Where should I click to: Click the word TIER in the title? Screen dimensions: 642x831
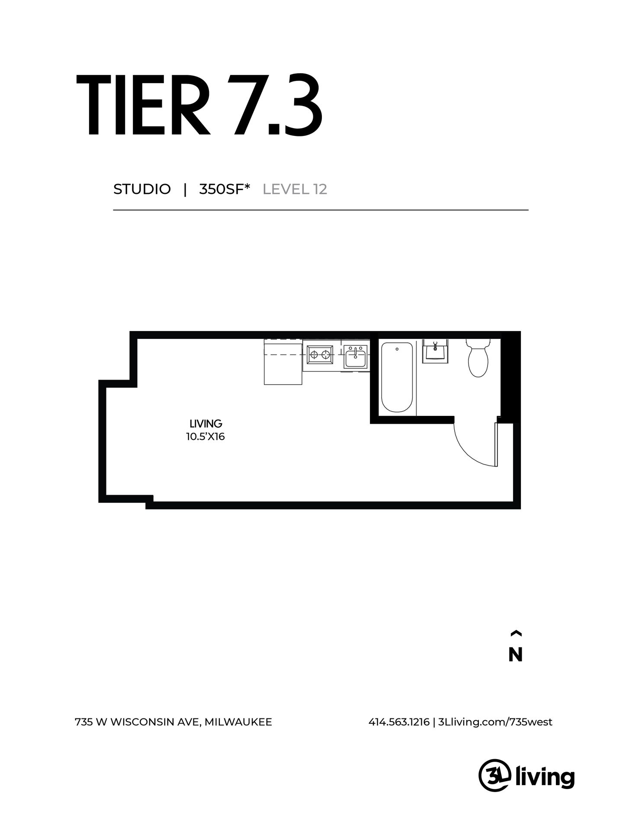click(143, 105)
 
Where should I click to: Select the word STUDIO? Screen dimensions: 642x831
click(142, 190)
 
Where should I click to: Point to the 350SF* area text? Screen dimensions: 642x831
click(225, 190)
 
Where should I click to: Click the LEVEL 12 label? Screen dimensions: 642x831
click(295, 190)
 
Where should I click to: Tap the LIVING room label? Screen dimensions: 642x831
click(206, 423)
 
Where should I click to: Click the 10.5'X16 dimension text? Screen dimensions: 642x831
click(205, 436)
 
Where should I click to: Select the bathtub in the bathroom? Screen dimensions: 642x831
click(397, 377)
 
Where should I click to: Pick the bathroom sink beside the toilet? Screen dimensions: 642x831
click(435, 351)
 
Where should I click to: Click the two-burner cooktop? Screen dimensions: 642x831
click(320, 355)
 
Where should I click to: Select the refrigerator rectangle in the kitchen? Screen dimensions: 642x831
click(283, 362)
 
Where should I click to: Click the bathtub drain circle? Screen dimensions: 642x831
click(397, 348)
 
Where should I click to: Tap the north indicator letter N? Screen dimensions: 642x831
click(515, 655)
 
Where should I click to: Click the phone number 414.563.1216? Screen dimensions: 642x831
click(399, 722)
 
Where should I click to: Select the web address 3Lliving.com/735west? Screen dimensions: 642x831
click(495, 722)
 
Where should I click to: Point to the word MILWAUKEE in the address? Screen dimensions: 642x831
click(238, 722)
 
